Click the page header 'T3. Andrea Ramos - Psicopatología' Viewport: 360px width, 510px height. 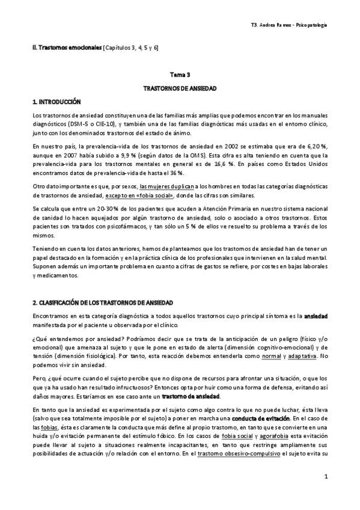click(x=288, y=25)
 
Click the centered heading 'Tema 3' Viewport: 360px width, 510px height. click(x=180, y=75)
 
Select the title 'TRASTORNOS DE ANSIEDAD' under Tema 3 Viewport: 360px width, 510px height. click(x=180, y=88)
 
